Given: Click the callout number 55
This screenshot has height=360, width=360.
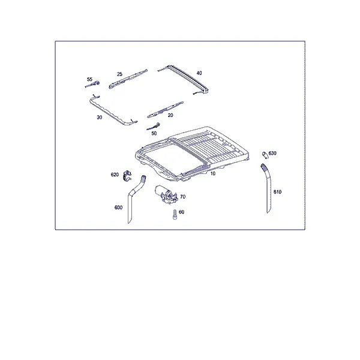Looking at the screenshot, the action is coord(89,79).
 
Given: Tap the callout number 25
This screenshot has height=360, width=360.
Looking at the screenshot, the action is coord(119,74).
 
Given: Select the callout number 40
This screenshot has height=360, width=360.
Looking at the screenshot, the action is coord(199,73).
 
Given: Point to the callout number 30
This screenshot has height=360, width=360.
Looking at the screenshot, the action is coord(99,118).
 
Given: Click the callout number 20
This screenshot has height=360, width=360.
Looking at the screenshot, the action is coord(170,115).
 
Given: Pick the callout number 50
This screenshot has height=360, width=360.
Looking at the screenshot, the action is coord(154,133).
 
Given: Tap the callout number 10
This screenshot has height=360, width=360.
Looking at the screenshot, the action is coord(213,173).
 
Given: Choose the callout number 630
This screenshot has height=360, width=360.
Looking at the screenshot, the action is coord(272,153).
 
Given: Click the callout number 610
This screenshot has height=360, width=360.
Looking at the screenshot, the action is coord(277,192).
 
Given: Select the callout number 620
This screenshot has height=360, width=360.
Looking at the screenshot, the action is coord(115,175).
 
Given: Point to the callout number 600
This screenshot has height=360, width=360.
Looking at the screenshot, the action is coord(118,208).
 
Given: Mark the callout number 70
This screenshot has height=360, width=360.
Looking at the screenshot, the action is coord(183,197).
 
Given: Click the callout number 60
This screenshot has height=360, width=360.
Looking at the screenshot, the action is coord(181,212).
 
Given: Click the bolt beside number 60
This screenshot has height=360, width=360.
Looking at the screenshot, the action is coord(175,214).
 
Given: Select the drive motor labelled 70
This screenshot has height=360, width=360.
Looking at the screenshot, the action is coord(166,194).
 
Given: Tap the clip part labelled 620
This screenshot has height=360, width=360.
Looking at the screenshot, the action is coord(127,176).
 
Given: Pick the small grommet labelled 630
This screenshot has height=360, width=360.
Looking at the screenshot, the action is coord(265,155).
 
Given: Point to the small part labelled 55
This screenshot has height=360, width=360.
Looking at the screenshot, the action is coord(92,84).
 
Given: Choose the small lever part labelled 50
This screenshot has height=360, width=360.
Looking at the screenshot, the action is coord(154,127).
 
